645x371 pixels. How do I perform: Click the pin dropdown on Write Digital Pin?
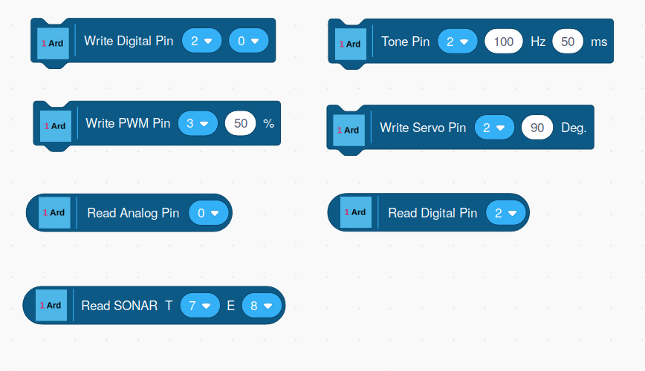click(x=201, y=41)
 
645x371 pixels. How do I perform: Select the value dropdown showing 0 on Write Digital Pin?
click(x=248, y=41)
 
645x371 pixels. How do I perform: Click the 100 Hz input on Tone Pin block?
click(x=503, y=42)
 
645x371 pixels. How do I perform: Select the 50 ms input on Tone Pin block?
click(x=568, y=42)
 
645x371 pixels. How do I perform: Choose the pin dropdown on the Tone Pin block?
click(x=457, y=42)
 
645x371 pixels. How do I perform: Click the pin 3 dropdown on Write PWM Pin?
click(x=197, y=123)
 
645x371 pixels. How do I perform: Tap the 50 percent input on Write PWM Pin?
click(x=240, y=123)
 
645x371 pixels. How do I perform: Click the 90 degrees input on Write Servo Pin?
click(x=537, y=128)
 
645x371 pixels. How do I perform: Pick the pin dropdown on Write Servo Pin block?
click(x=494, y=128)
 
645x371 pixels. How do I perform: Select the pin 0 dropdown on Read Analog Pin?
click(x=208, y=213)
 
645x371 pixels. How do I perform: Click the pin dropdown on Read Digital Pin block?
click(x=506, y=213)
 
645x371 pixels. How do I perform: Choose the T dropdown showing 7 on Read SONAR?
click(x=200, y=305)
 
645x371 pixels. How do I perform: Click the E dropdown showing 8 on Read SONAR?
click(x=261, y=305)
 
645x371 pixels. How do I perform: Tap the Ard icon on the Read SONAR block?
click(x=51, y=305)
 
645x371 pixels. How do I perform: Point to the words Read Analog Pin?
click(x=133, y=213)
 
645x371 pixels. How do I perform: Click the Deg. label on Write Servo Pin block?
click(x=574, y=128)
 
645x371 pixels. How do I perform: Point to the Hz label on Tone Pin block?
click(x=538, y=42)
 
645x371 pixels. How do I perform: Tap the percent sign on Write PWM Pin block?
click(x=268, y=123)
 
